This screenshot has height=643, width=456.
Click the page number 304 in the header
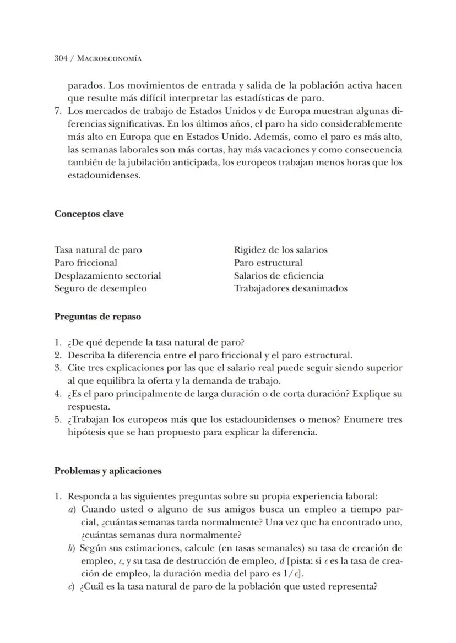coord(61,58)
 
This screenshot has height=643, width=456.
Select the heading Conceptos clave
coord(89,214)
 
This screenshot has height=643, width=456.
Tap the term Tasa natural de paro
coord(97,250)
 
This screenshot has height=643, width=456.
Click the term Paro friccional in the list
coord(85,263)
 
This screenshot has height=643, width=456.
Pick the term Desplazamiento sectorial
coord(107,275)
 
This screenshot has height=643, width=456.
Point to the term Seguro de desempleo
coord(100,288)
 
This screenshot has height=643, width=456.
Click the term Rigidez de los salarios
coord(280,250)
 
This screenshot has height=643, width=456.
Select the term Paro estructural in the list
coord(268,263)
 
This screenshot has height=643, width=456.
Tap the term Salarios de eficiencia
coord(279,275)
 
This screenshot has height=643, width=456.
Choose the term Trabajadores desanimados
coord(290,288)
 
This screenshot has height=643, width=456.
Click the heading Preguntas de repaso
coord(97,317)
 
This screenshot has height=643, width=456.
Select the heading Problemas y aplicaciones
coord(108,471)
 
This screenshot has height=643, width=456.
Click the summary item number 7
coord(57,111)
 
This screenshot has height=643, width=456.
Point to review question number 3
coord(57,368)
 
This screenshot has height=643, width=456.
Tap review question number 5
coord(57,419)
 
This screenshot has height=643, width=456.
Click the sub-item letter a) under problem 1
coord(72,509)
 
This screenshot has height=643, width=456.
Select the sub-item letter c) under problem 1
coord(72,586)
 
